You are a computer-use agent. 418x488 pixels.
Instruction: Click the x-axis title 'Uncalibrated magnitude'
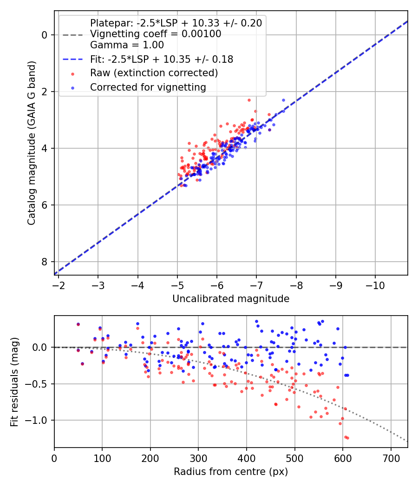231,299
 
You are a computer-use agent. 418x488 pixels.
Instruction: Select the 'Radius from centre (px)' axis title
231,472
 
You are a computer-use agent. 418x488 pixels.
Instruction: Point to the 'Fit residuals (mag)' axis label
14,382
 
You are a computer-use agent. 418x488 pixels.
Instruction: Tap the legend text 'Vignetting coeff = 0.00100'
156,34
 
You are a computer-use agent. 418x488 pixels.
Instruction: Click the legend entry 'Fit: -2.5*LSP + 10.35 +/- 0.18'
162,59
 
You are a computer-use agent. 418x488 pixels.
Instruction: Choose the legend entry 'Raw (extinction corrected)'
154,73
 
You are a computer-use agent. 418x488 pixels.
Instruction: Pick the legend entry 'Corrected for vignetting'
148,87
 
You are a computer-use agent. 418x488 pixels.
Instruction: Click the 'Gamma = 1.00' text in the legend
127,45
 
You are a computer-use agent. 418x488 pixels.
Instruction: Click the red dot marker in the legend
72,73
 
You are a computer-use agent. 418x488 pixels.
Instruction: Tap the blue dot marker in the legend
72,87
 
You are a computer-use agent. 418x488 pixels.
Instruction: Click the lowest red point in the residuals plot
347,438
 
